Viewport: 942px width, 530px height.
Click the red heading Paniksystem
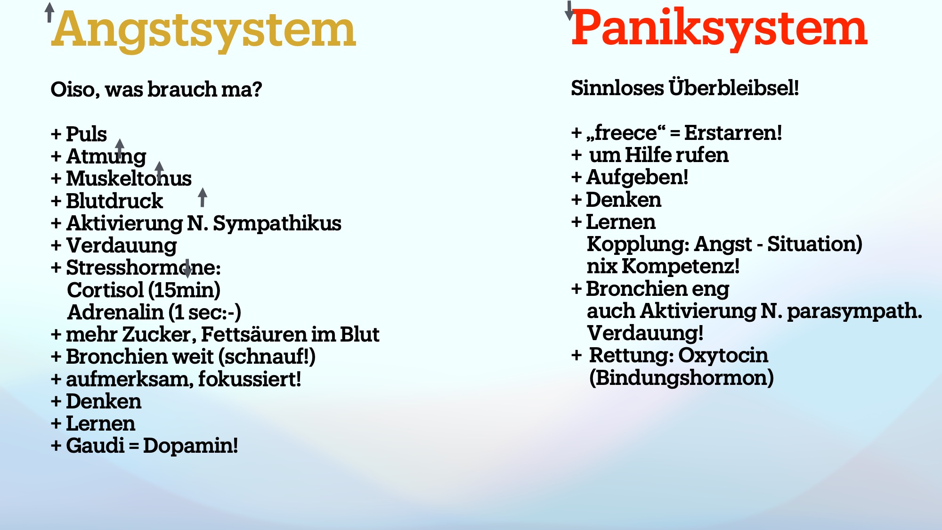(x=719, y=28)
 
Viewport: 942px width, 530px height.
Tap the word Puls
(x=86, y=134)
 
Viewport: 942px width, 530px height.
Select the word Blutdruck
(x=114, y=201)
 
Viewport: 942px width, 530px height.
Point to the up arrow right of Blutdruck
(x=203, y=197)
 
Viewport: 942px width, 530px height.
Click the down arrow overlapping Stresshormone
(x=187, y=268)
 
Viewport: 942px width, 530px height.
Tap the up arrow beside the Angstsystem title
(x=49, y=12)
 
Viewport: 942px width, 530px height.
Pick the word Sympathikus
(x=277, y=224)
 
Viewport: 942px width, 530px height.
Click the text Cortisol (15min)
(x=144, y=290)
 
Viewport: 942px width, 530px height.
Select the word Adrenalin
(x=115, y=312)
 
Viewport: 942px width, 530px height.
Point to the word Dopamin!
(x=190, y=446)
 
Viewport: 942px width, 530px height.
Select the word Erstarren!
(x=733, y=133)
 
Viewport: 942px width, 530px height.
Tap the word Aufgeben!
(x=637, y=178)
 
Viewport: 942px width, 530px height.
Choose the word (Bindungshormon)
(x=682, y=378)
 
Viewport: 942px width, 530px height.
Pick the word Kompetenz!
(x=680, y=267)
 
